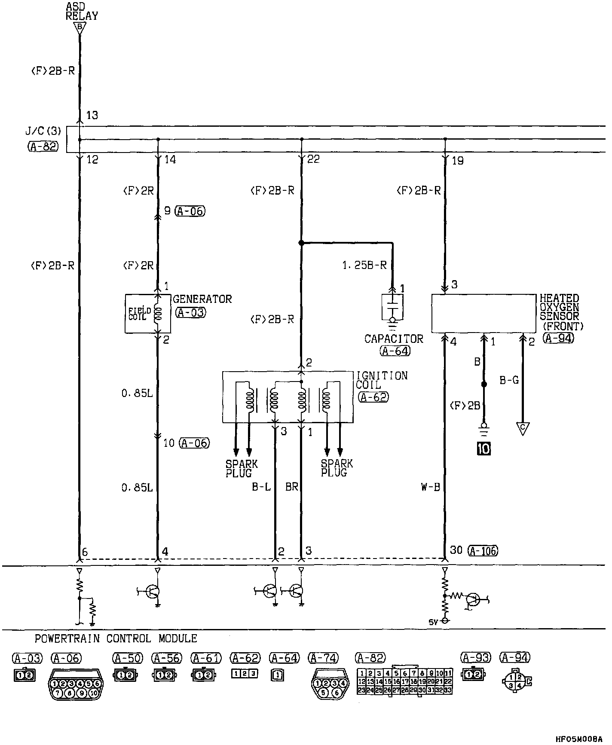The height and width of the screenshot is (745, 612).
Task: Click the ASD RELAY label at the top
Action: pos(82,11)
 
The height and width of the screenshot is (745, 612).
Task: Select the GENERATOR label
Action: pos(202,299)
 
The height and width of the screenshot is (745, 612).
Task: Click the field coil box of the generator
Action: pos(147,314)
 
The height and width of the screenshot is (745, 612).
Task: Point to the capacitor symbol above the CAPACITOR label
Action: pos(392,307)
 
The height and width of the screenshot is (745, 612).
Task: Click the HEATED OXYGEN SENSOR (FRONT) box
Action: pos(483,314)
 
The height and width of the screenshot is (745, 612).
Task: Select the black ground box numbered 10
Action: pos(483,449)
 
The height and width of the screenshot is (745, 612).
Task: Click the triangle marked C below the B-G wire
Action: pos(523,428)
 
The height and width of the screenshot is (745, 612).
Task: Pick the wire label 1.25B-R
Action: pos(364,266)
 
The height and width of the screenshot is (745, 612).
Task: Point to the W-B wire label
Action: pos(431,487)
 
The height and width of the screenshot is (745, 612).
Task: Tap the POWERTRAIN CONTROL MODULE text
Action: pos(116,638)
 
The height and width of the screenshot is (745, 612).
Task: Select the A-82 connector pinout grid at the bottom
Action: pos(404,681)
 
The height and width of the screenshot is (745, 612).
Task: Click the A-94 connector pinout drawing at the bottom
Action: pos(516,681)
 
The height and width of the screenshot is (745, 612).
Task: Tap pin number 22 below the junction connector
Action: pos(314,159)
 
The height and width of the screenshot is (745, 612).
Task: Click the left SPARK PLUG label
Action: pos(242,469)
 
